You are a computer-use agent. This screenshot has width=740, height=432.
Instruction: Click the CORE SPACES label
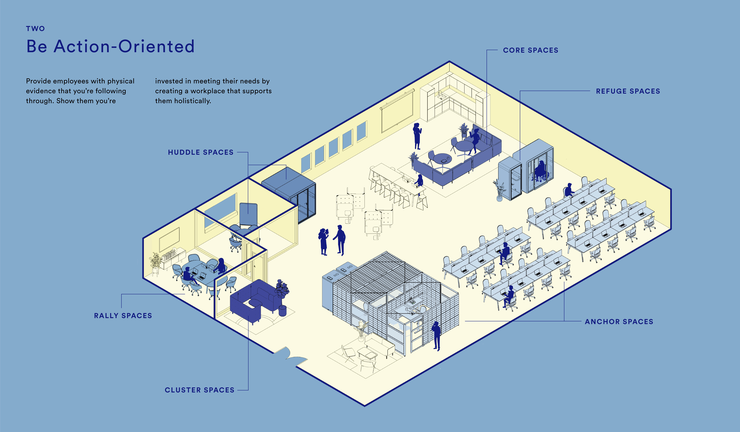[x=530, y=50]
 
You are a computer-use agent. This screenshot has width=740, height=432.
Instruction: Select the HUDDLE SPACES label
[x=201, y=152]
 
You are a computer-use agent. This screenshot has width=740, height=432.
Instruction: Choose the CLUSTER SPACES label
[x=199, y=390]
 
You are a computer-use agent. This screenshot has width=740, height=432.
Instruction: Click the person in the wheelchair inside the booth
[x=540, y=172]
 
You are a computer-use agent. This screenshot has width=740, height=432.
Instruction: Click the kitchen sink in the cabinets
[x=440, y=96]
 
